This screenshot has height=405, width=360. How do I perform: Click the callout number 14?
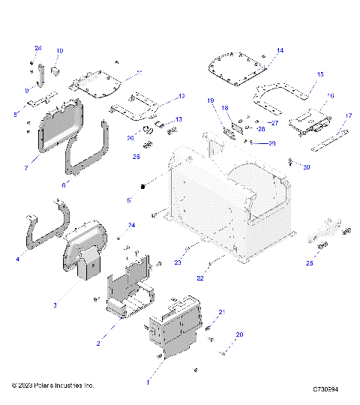pos(279,50)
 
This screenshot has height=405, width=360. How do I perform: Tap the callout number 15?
pos(320,74)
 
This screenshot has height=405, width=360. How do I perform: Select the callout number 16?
pos(331,97)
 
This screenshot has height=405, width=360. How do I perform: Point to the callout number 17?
pos(348,115)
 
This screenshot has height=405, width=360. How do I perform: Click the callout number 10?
pos(60,50)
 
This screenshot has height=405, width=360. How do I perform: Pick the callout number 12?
pos(181,97)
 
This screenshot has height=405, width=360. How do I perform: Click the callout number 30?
pos(306,166)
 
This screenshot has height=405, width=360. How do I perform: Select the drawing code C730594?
pos(326,390)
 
